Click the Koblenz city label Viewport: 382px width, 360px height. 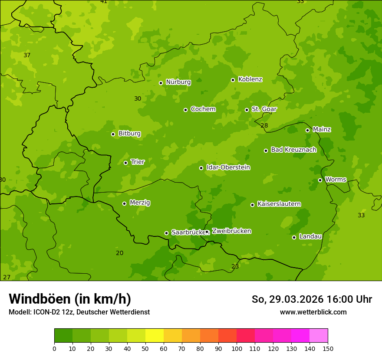coord(250,79)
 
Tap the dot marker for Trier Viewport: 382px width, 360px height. coord(126,163)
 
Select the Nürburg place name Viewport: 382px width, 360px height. coord(178,82)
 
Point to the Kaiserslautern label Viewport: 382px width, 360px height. coord(279,204)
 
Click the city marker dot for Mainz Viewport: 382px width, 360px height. coord(307,130)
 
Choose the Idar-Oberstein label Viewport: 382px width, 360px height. coord(228,167)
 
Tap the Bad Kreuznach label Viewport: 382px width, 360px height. coord(293,150)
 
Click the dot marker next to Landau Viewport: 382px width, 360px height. coord(294,237)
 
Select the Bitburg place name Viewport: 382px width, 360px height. coord(129,134)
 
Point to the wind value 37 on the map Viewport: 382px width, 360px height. coord(27,55)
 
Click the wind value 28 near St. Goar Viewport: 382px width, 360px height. coord(264,125)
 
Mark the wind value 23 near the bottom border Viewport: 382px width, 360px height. coord(235,266)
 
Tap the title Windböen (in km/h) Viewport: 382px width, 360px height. coord(70,299)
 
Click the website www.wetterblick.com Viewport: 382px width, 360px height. coord(313,312)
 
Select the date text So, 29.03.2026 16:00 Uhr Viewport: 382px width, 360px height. coord(312,299)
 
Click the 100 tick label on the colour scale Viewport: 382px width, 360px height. coord(237,348)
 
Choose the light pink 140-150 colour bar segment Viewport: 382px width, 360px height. coord(319,336)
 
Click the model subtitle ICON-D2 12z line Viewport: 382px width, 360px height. coord(79,312)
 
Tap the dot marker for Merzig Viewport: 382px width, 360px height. coord(124,203)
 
